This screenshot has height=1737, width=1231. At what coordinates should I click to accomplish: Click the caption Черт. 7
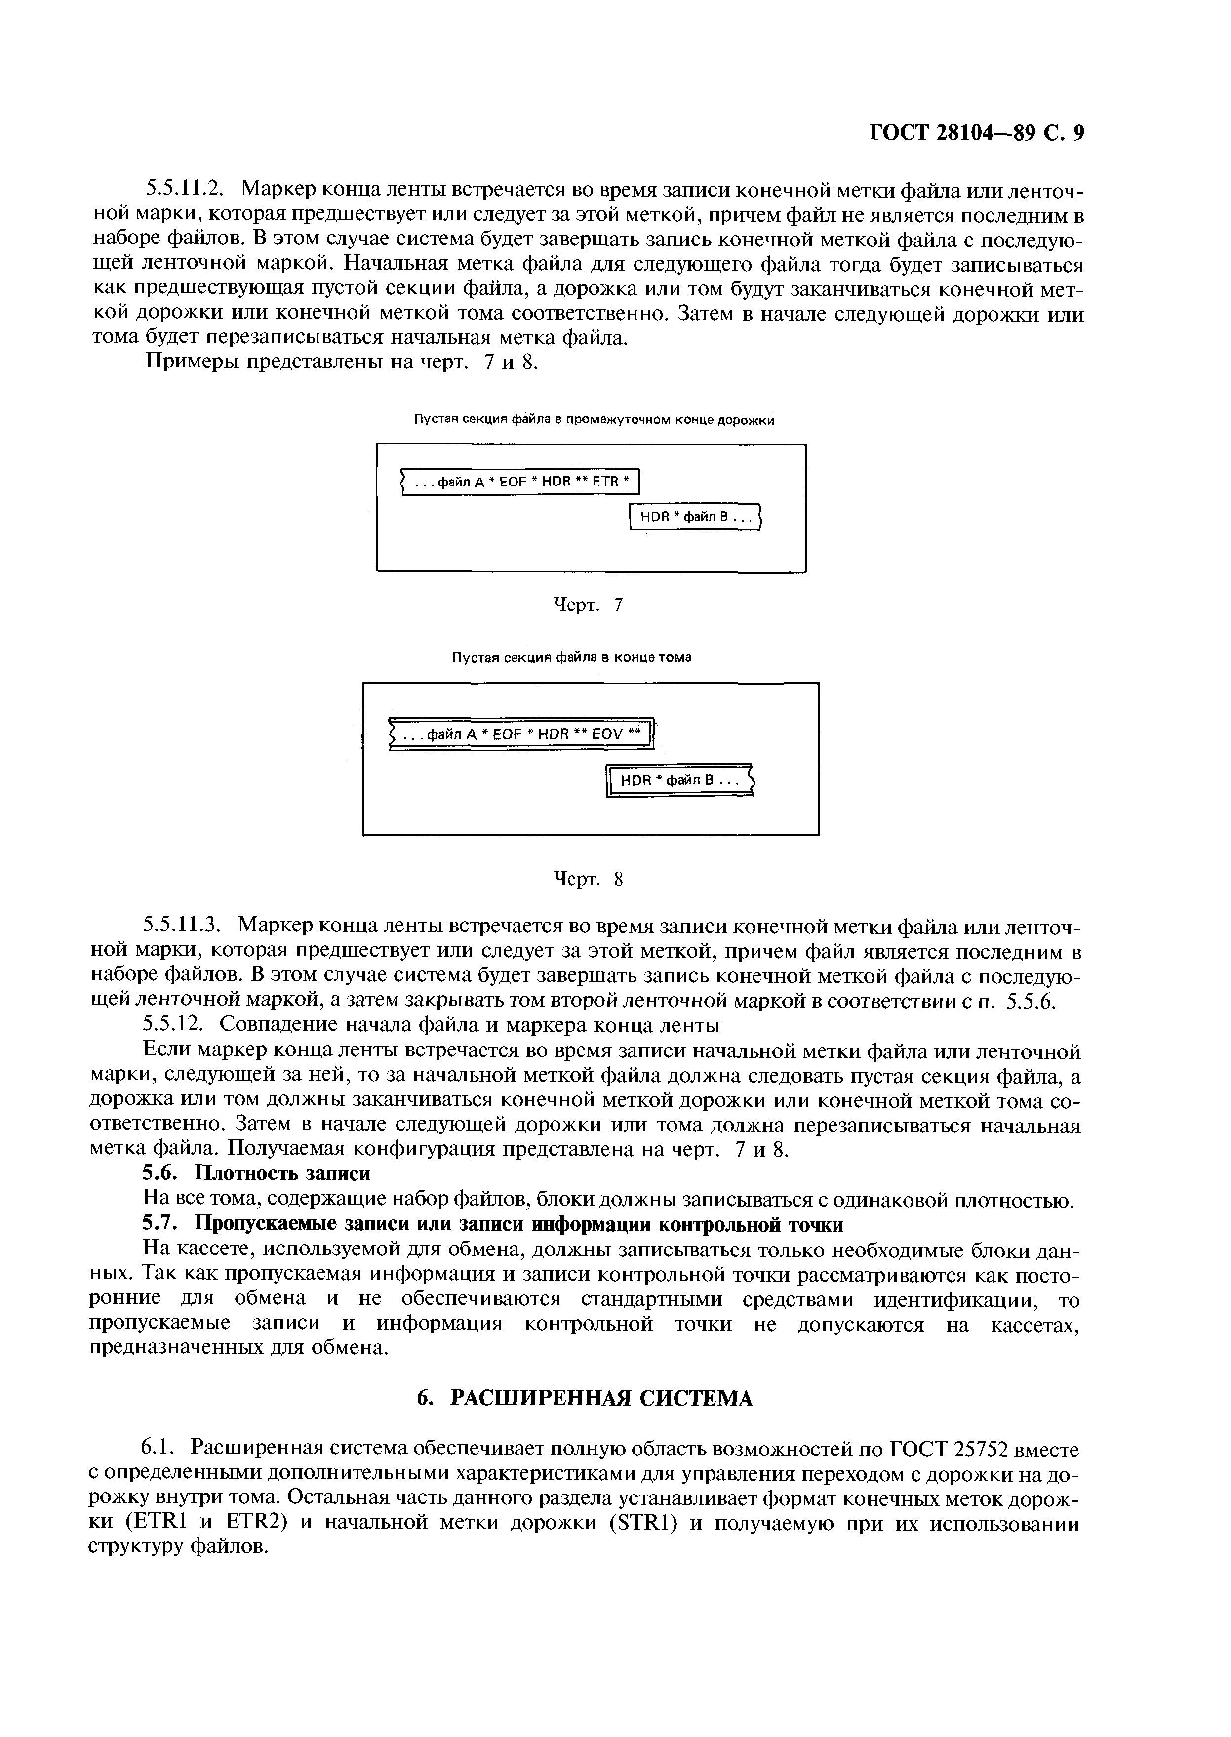[588, 605]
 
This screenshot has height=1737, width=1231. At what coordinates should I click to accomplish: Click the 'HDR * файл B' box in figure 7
[695, 517]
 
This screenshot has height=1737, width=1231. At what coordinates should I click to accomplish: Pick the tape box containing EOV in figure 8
[521, 734]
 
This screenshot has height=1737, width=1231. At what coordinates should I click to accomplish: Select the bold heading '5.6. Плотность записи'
[257, 1173]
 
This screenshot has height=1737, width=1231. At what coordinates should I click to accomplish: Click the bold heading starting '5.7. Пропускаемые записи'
[493, 1224]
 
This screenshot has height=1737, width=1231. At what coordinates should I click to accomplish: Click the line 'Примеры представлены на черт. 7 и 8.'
[341, 363]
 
